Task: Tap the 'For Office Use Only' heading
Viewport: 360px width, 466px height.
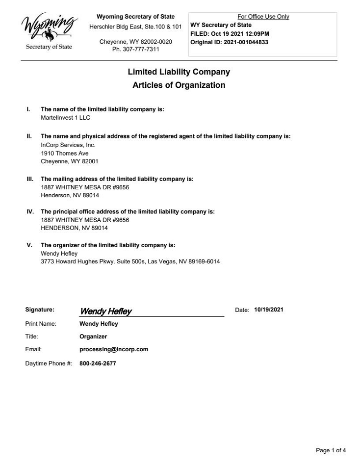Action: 263,17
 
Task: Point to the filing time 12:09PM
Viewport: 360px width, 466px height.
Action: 257,34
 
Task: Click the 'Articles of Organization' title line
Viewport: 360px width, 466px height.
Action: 179,85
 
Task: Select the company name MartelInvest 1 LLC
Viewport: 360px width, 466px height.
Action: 65,118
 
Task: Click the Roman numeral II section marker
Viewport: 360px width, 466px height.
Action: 29,136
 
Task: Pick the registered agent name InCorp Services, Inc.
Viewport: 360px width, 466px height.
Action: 68,145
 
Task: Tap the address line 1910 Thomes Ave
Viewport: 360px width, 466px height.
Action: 65,154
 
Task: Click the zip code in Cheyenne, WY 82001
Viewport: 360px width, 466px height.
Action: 90,161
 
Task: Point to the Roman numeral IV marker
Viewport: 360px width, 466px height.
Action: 30,212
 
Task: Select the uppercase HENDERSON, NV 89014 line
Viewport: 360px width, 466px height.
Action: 74,228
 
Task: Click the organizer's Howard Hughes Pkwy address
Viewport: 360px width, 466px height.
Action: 130,261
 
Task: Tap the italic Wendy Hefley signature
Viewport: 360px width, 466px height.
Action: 105,311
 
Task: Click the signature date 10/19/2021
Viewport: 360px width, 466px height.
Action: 269,310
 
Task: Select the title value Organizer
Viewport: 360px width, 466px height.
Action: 93,337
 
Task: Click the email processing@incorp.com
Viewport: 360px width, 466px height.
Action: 114,350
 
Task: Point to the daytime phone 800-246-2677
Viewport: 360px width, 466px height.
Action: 98,364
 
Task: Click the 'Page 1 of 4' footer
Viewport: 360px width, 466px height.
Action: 331,450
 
